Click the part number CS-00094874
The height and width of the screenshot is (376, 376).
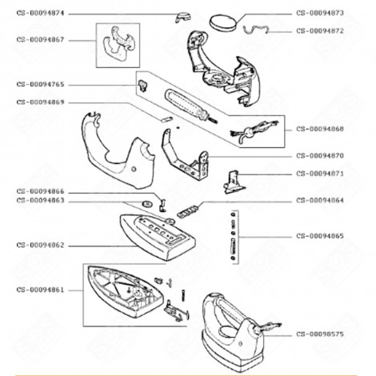[x=41, y=14]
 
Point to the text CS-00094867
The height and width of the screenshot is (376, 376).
[x=41, y=38]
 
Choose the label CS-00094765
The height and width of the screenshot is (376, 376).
[x=41, y=84]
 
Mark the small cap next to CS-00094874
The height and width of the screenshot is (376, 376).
[x=183, y=16]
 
